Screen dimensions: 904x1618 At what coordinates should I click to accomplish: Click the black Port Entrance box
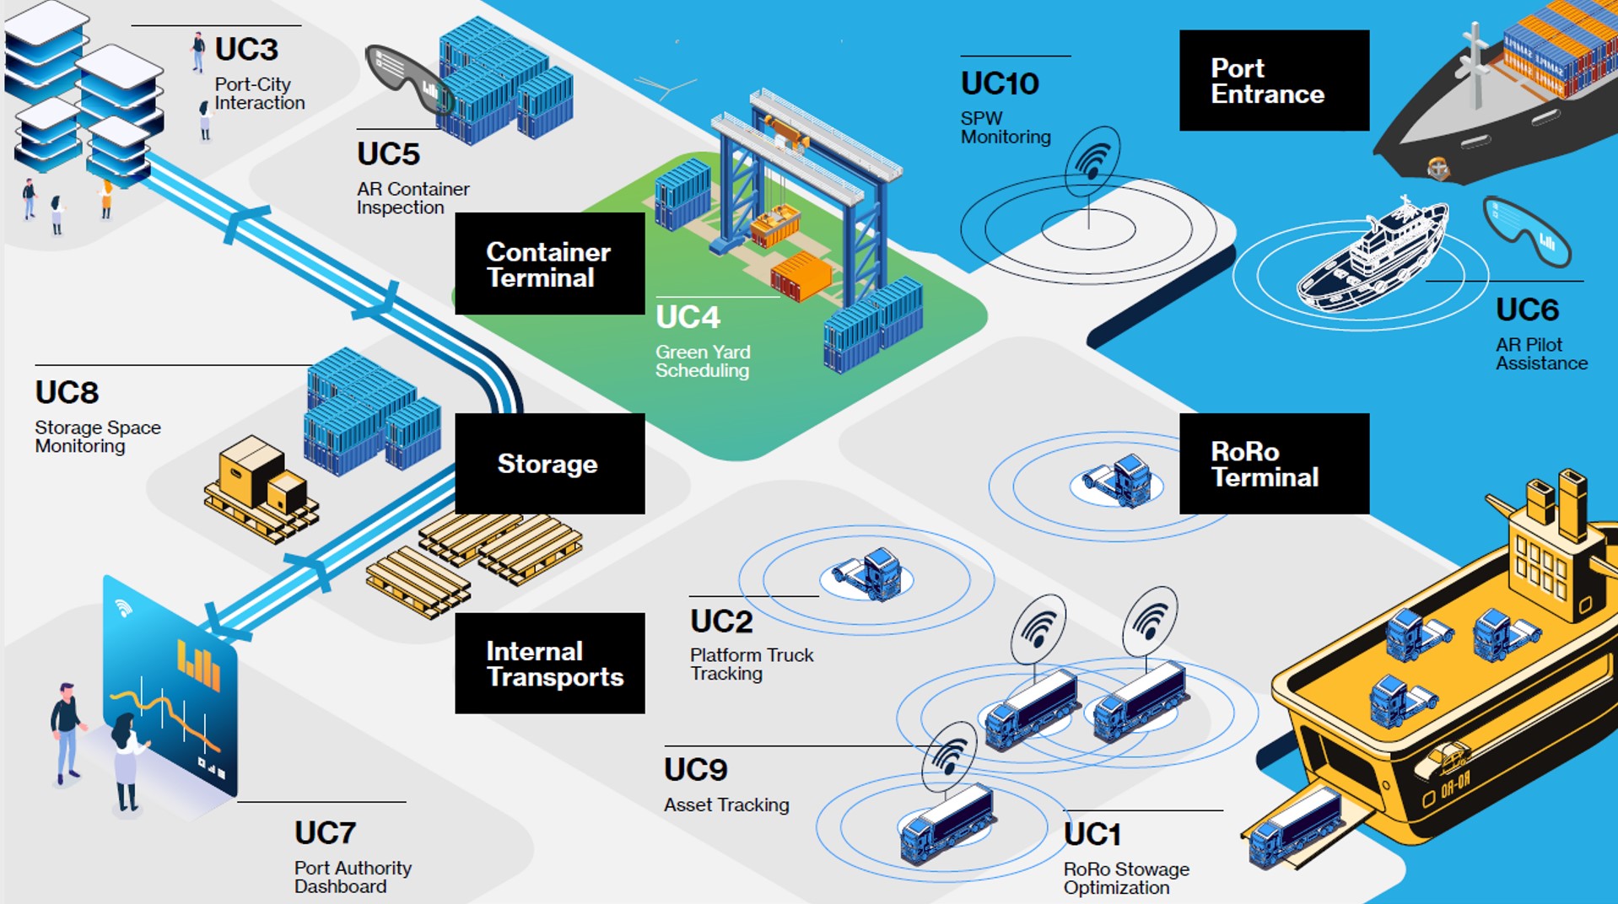[1273, 81]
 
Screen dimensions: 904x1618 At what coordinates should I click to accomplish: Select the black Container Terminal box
[549, 264]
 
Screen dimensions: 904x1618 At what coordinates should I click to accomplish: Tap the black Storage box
[549, 464]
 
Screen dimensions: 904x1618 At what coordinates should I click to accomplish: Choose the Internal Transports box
[549, 664]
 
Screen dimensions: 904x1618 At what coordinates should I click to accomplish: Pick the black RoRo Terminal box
[1273, 464]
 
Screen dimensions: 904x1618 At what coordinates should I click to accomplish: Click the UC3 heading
[246, 50]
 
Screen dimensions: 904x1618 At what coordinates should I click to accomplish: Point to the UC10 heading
[1000, 83]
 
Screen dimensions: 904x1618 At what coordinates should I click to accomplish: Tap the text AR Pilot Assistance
[1540, 354]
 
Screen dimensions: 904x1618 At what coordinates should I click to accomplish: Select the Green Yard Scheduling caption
[703, 361]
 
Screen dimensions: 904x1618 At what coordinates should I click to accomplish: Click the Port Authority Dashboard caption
[353, 877]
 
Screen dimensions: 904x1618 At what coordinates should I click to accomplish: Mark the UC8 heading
[67, 393]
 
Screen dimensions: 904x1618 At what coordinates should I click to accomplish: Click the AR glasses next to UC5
[408, 78]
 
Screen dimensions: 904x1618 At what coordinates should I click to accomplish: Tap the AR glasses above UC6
[1527, 229]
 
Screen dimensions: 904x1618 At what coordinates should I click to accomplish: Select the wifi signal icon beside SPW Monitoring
[1093, 159]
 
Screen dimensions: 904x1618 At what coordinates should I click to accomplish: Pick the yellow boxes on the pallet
[260, 477]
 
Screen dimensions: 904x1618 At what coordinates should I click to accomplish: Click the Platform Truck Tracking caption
[751, 664]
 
